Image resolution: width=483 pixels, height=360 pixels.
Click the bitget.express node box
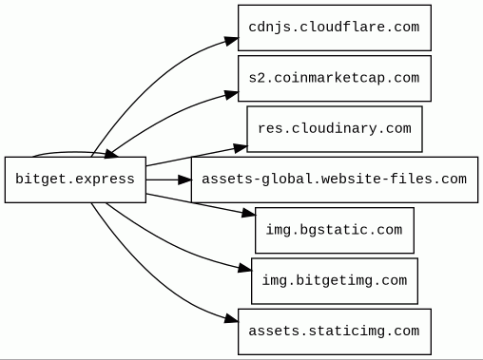[x=75, y=180]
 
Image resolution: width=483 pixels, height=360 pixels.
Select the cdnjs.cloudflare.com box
[x=335, y=28]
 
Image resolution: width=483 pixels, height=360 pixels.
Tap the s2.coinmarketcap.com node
[x=335, y=78]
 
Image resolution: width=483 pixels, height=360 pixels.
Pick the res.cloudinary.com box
[x=335, y=129]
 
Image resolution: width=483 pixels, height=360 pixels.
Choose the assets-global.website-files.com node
[x=335, y=180]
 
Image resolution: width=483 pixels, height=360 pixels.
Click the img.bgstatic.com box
[x=335, y=230]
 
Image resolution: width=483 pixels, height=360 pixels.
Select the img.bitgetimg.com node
[x=335, y=281]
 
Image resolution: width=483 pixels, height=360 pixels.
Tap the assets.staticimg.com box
[x=335, y=332]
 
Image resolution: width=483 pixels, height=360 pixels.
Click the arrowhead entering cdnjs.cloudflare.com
[x=231, y=41]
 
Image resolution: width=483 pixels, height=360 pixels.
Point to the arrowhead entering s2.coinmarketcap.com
[x=231, y=95]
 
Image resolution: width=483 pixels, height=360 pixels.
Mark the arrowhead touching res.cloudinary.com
[x=241, y=148]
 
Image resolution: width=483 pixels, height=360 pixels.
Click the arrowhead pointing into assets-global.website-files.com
[x=184, y=180]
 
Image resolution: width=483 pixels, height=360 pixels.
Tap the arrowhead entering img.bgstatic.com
[x=249, y=214]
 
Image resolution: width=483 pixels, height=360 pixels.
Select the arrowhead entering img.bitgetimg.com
[x=244, y=269]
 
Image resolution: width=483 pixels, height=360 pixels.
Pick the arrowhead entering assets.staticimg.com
[x=231, y=319]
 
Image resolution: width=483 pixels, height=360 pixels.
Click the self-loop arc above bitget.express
[x=73, y=153]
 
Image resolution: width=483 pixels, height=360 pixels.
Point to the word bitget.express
[x=75, y=180]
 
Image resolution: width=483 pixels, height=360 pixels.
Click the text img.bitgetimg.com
[x=335, y=280]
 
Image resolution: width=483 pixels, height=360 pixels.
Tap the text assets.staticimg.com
[x=334, y=332]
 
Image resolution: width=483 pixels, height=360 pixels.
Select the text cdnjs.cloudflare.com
[x=334, y=28]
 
